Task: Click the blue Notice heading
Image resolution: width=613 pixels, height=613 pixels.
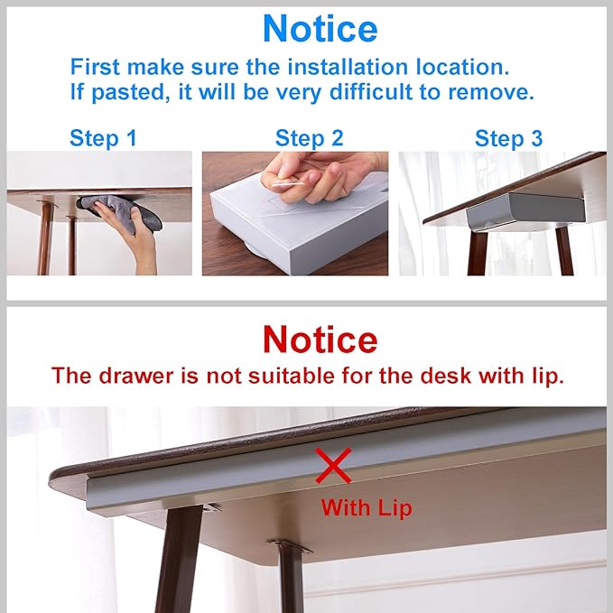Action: pos(320,29)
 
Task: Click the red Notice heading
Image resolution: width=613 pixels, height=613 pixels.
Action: pos(320,339)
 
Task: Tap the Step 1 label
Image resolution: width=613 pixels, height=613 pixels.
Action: pos(103,138)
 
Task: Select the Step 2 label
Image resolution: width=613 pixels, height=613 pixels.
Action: pos(310,138)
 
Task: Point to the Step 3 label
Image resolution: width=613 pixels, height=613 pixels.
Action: pos(509,138)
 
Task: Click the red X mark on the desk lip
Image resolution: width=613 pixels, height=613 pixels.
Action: pos(333,468)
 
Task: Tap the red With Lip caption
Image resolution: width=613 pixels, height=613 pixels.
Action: pos(366,507)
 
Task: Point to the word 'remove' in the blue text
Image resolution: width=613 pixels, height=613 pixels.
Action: pos(499,91)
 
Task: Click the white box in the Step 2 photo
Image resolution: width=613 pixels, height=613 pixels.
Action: pos(271,230)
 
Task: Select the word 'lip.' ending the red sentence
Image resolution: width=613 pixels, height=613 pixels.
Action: pos(546,376)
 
